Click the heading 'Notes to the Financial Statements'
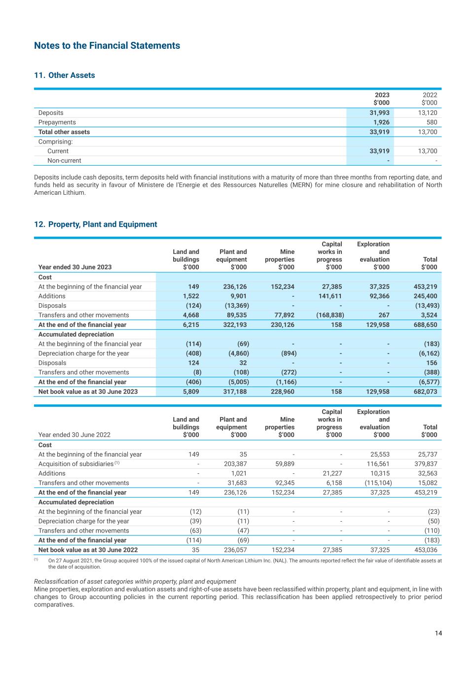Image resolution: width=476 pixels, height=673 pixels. point(107,46)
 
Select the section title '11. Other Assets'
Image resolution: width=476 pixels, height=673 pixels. point(65,75)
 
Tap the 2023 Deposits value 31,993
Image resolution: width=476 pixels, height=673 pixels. point(379,113)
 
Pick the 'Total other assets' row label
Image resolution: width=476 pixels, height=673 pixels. point(64,132)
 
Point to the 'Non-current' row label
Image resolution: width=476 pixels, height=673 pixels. point(64,161)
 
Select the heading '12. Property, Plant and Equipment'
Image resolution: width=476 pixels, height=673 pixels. point(96,224)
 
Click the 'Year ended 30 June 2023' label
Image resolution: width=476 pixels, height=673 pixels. point(75,267)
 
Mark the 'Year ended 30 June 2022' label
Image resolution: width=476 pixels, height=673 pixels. point(74,435)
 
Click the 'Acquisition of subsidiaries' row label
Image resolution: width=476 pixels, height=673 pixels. point(76,464)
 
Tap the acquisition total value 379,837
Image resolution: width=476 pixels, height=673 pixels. point(426,464)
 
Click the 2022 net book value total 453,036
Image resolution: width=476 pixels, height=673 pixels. point(426,550)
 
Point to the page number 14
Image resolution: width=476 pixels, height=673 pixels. point(439,634)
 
